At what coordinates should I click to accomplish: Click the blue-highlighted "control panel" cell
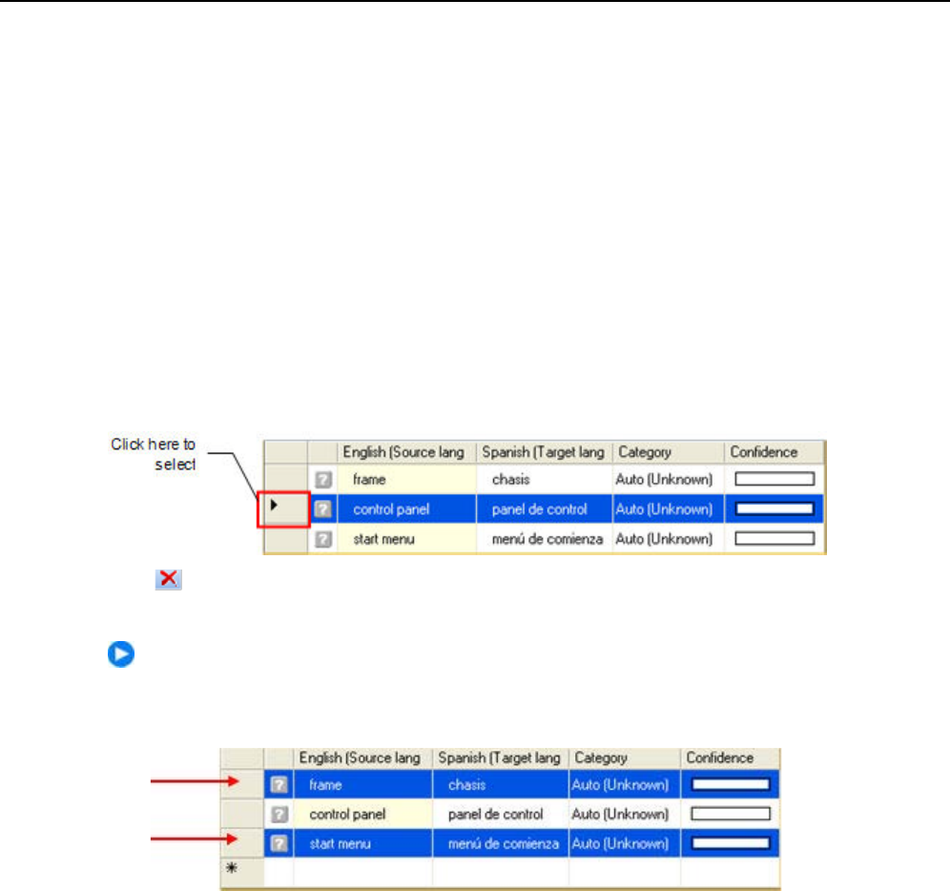pyautogui.click(x=391, y=509)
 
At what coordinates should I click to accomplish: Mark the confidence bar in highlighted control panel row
pyautogui.click(x=774, y=509)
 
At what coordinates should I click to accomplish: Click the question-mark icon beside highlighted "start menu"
pyautogui.click(x=278, y=844)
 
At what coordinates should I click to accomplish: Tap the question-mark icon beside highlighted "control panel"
pyautogui.click(x=323, y=509)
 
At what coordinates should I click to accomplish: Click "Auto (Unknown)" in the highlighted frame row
pyautogui.click(x=624, y=785)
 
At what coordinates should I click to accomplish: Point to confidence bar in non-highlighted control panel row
pyautogui.click(x=730, y=815)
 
